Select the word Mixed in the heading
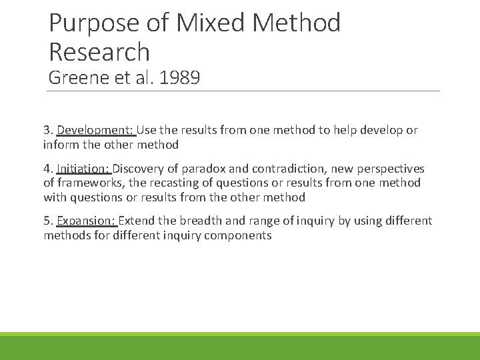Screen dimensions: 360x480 (204, 23)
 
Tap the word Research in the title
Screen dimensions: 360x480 (99, 51)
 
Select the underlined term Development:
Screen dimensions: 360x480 (95, 130)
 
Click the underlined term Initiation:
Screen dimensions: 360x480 (83, 169)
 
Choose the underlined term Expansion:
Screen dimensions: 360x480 (87, 221)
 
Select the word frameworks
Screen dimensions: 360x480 (90, 183)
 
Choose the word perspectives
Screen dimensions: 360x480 (391, 169)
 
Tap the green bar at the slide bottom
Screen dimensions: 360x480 (240, 347)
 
